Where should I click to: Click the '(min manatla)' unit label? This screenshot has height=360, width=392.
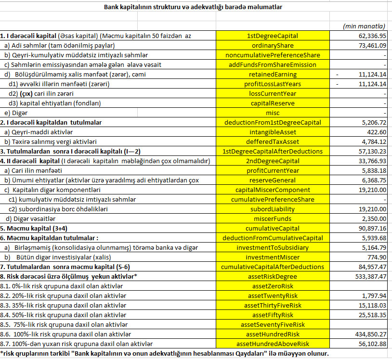[x=364, y=26]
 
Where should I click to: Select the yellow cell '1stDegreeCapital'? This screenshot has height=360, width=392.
[x=273, y=36]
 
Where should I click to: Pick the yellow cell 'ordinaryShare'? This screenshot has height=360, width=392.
[x=273, y=45]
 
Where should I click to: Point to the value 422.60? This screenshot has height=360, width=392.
[x=376, y=132]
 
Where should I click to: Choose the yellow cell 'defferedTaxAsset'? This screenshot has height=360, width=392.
[x=273, y=141]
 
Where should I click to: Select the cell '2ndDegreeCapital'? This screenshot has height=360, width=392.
[x=273, y=161]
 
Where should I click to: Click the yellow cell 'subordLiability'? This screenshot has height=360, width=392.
[x=273, y=209]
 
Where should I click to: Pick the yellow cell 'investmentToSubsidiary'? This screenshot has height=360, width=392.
[x=273, y=247]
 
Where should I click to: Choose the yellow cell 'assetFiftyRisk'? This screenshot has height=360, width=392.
[x=273, y=315]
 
